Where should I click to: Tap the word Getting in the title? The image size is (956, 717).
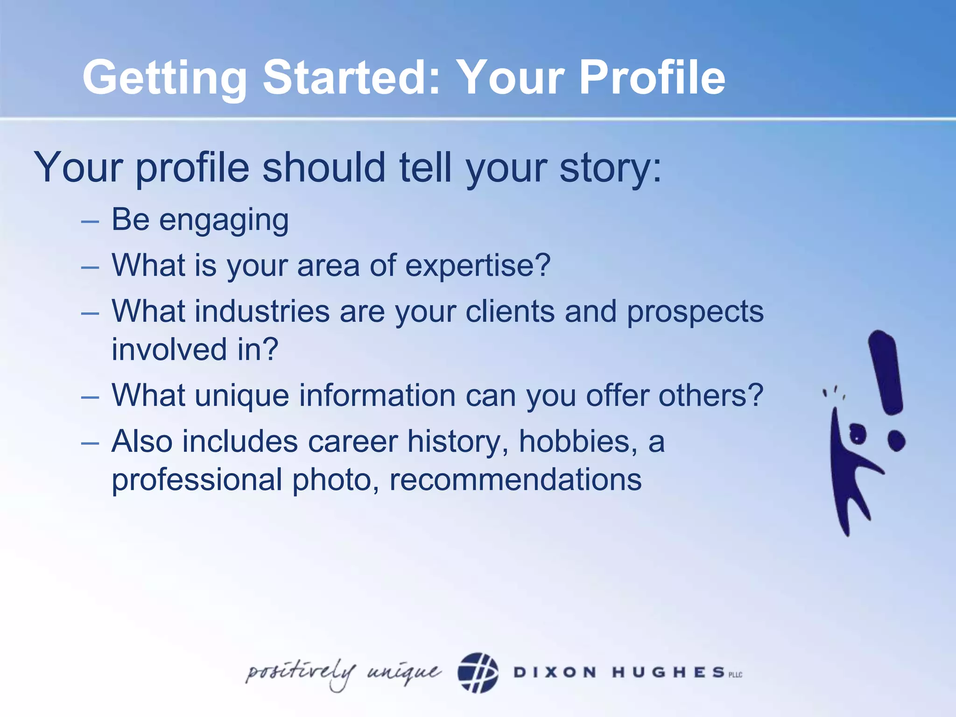click(165, 78)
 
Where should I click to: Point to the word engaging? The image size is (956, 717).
click(224, 221)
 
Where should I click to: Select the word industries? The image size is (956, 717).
click(262, 311)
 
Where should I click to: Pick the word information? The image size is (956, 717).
click(377, 395)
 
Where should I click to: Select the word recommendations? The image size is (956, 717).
click(515, 480)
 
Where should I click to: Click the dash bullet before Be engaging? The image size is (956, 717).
click(90, 221)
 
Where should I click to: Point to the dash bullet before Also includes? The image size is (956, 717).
click(90, 442)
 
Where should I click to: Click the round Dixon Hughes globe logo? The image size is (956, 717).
click(478, 673)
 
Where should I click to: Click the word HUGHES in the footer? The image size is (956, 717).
click(668, 672)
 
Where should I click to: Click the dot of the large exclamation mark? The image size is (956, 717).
click(896, 441)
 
